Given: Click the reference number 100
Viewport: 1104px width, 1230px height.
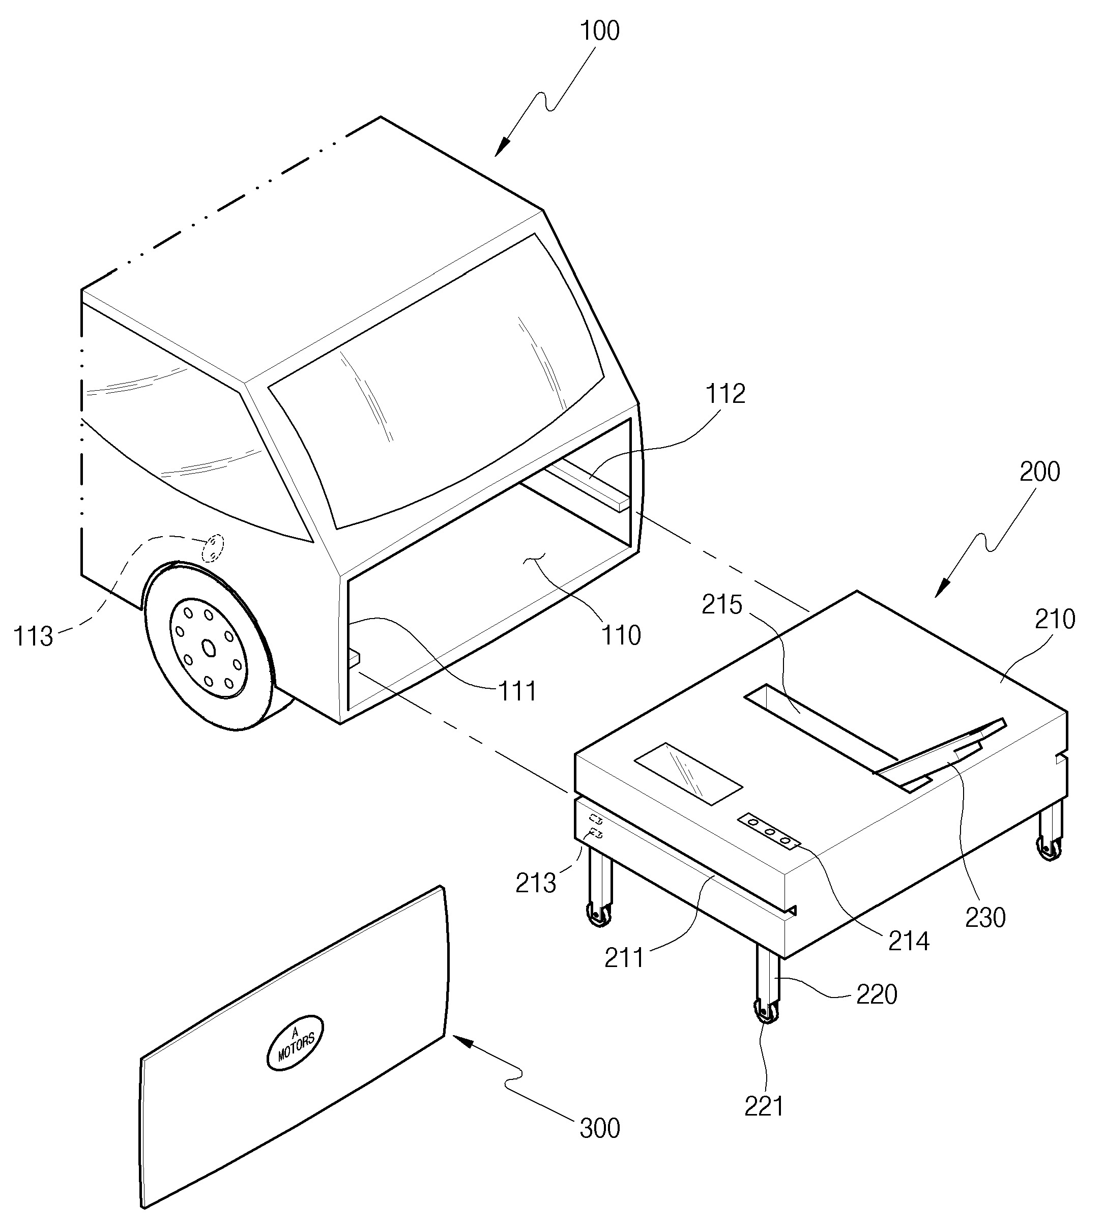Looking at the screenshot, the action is pos(600,31).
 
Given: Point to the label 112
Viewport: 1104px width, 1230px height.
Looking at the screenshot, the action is pos(725,394).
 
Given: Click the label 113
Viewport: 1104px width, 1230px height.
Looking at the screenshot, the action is pos(34,636).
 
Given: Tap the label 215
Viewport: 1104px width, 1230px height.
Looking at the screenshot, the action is pos(722,605).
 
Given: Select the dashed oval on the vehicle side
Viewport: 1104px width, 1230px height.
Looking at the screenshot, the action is pos(213,548).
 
